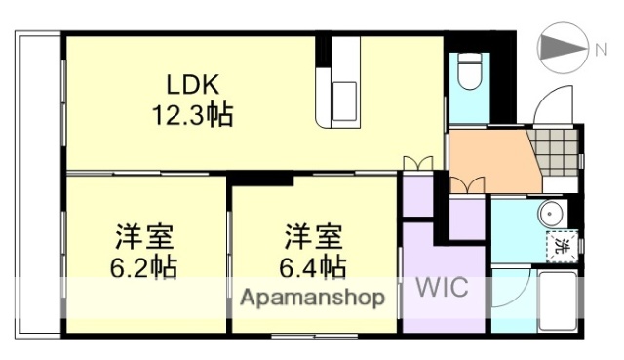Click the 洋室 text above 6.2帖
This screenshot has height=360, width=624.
point(142,235)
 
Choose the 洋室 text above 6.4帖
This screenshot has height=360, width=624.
point(311,235)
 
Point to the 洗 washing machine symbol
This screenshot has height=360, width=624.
point(559,247)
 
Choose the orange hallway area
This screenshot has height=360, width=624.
point(492,161)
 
